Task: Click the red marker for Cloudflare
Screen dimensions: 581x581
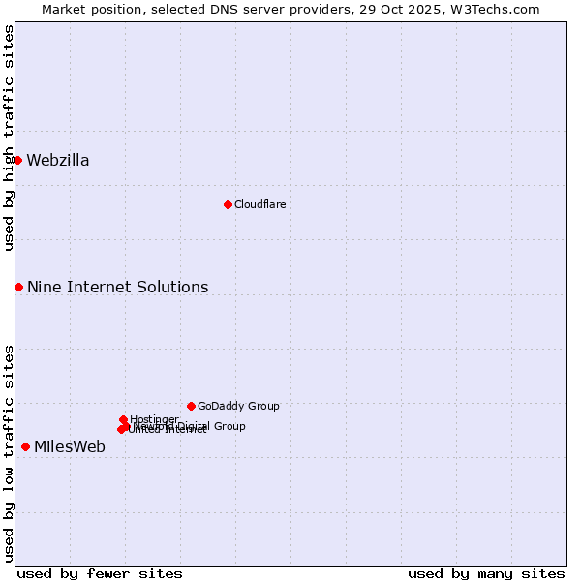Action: point(228,204)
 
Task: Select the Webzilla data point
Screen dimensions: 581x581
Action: point(17,160)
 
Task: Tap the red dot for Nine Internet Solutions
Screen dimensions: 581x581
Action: point(18,287)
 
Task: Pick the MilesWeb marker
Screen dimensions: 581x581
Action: point(25,446)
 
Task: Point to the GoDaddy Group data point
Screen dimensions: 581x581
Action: point(191,406)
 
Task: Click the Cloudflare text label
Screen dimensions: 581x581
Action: point(260,204)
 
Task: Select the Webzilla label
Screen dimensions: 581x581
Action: point(58,161)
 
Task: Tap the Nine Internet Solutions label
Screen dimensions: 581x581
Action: point(117,288)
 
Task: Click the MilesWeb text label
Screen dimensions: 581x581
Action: point(70,447)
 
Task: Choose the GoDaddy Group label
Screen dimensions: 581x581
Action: point(238,406)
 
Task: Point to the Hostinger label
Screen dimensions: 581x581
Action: point(154,419)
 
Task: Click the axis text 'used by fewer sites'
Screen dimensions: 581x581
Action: point(100,573)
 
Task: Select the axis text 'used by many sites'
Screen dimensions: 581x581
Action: point(486,573)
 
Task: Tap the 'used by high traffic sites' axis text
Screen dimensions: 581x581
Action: point(9,138)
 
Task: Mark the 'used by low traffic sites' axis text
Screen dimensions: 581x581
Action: point(9,452)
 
